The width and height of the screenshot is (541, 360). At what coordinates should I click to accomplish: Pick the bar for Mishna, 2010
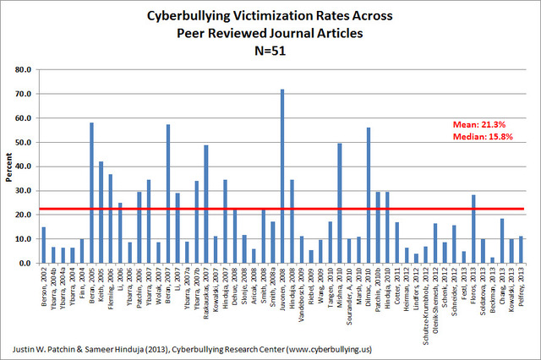pyautogui.click(x=339, y=203)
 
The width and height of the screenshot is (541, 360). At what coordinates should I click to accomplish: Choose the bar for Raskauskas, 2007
pyautogui.click(x=205, y=204)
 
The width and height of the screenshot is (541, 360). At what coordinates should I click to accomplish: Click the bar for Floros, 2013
pyautogui.click(x=473, y=229)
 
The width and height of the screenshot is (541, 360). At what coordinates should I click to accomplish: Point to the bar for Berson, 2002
pyautogui.click(x=43, y=245)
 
